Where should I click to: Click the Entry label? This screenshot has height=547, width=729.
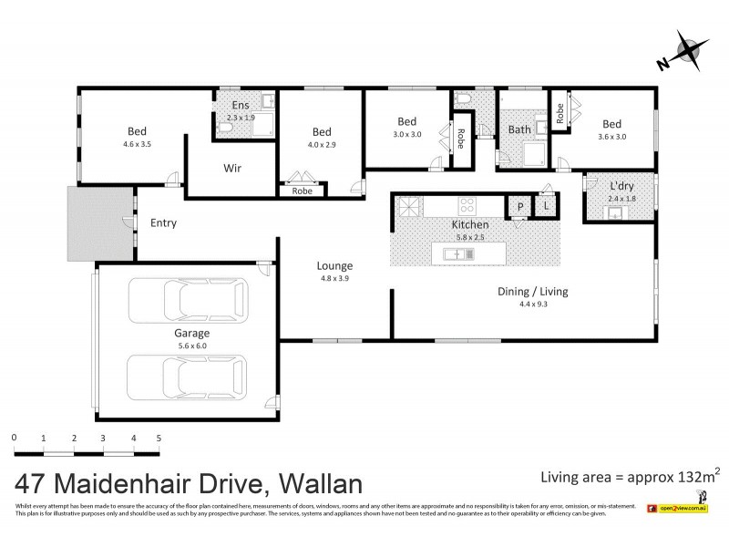164,222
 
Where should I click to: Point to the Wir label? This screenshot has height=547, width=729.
232,168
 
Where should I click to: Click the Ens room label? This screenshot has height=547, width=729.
233,106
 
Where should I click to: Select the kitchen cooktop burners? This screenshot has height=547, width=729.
468,205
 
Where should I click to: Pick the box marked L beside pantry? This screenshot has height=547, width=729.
546,207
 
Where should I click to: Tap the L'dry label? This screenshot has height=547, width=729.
621,187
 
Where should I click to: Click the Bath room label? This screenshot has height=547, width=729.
519,129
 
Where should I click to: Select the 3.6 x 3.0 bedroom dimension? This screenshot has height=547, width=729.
611,137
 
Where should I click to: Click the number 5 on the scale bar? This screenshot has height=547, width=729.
159,439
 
